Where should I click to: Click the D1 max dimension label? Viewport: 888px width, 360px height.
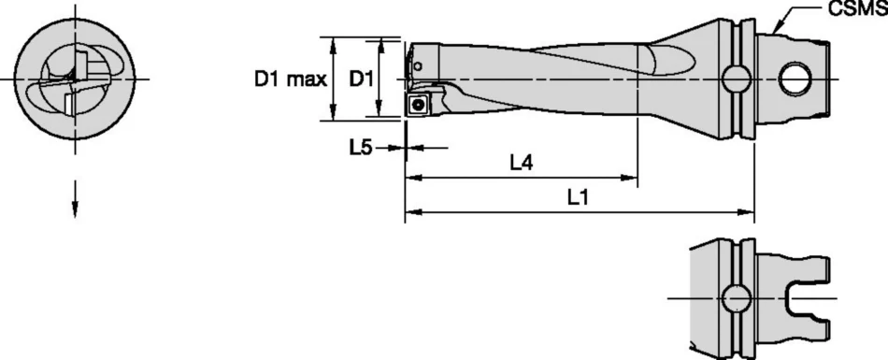(289, 79)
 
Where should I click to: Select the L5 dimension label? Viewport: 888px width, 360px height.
(362, 148)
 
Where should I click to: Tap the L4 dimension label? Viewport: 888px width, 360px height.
(521, 163)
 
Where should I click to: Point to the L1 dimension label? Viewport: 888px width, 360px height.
(579, 197)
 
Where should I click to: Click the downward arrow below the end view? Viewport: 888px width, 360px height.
(75, 208)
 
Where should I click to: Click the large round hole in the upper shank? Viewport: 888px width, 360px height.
(796, 79)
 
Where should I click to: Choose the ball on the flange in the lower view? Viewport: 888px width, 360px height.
(738, 298)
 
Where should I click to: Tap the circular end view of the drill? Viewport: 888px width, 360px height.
(75, 79)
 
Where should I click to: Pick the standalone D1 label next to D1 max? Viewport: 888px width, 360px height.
(362, 79)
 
